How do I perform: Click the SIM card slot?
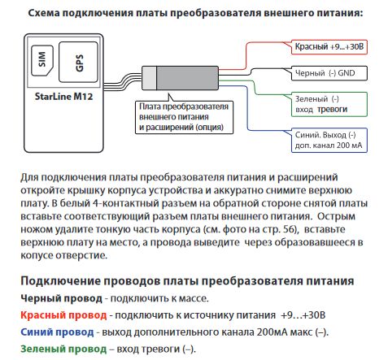pyautogui.click(x=42, y=60)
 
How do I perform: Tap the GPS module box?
pyautogui.click(x=78, y=62)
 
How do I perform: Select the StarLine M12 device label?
pyautogui.click(x=63, y=97)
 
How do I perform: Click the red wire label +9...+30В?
pyautogui.click(x=329, y=47)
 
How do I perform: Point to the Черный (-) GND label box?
pyautogui.click(x=329, y=73)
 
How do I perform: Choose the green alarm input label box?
pyautogui.click(x=329, y=104)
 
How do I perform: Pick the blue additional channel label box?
pyautogui.click(x=329, y=141)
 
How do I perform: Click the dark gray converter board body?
pyautogui.click(x=187, y=78)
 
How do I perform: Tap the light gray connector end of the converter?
pyautogui.click(x=149, y=78)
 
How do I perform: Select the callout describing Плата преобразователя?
pyautogui.click(x=184, y=117)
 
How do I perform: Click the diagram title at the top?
pyautogui.click(x=195, y=13)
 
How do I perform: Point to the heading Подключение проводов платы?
pyautogui.click(x=187, y=281)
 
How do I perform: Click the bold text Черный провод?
pyautogui.click(x=61, y=298)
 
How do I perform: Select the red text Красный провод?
pyautogui.click(x=63, y=315)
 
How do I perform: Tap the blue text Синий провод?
pyautogui.click(x=57, y=332)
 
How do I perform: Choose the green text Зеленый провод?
pyautogui.click(x=63, y=349)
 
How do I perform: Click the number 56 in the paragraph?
pyautogui.click(x=289, y=229)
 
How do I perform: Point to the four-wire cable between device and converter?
pyautogui.click(x=123, y=83)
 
